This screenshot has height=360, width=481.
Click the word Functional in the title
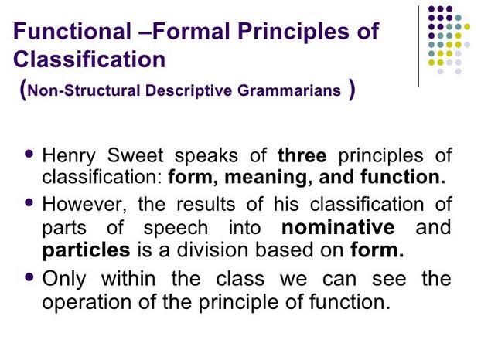point(73,31)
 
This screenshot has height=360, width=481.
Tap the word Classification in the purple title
point(89,59)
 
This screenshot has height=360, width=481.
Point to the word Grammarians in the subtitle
point(289,90)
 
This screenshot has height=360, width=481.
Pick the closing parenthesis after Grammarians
point(352,90)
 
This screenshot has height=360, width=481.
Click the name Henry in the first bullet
point(69,155)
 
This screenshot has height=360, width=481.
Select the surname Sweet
point(135,155)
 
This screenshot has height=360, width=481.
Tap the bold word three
point(302,155)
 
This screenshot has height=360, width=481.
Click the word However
point(84,205)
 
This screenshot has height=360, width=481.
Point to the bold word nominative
point(338,227)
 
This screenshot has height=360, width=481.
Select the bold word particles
point(86,250)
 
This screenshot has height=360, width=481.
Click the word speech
point(176,228)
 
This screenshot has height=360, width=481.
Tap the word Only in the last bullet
point(64,280)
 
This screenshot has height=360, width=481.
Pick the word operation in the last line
point(87,302)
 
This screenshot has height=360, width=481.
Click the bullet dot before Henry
point(29,154)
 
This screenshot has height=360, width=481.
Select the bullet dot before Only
point(29,277)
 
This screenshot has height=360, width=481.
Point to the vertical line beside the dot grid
point(418,46)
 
